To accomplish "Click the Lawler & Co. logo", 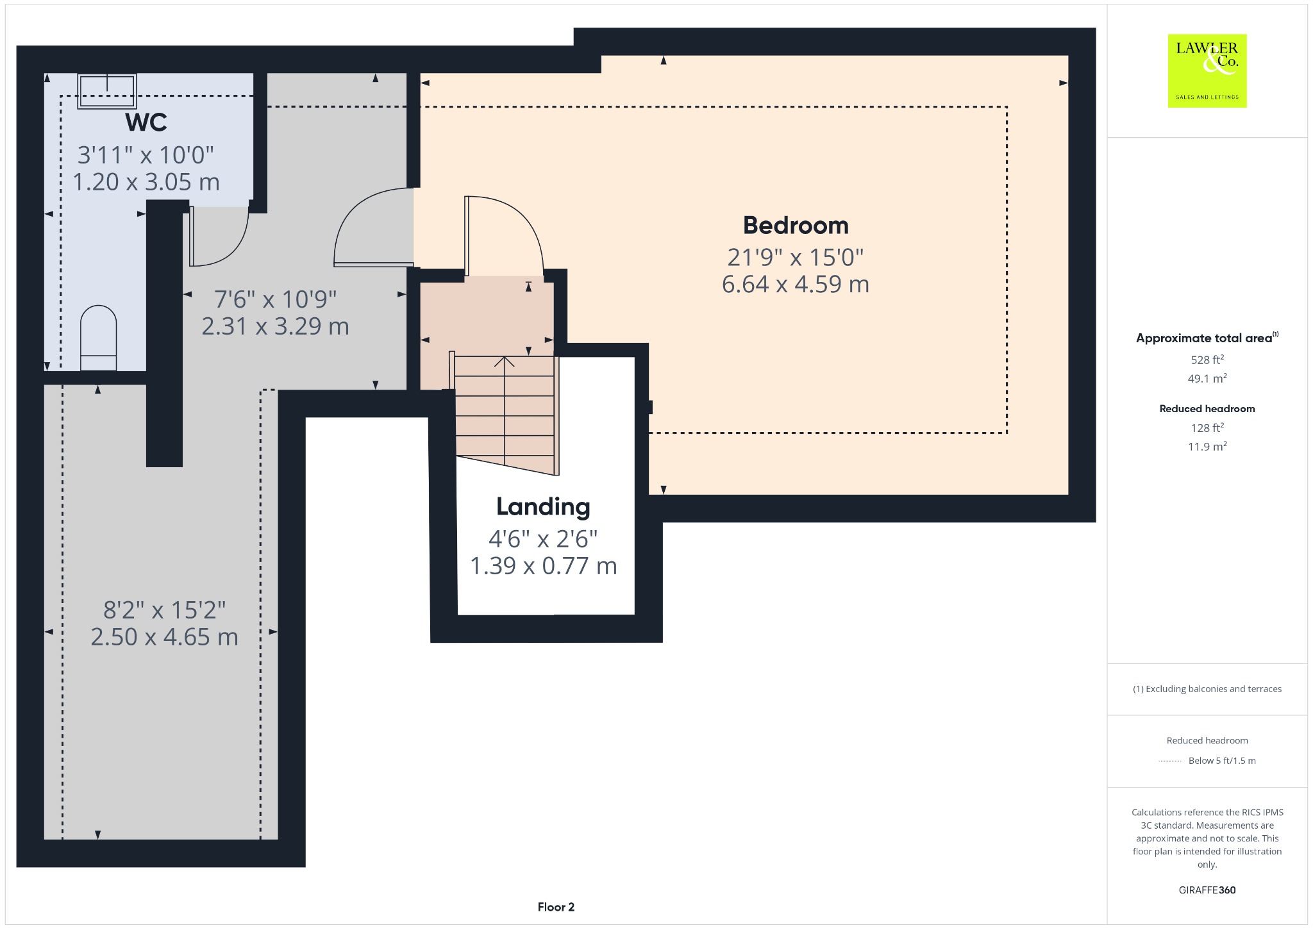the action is [x=1207, y=70].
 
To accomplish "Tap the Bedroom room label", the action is [x=796, y=226].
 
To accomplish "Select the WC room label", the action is [x=147, y=122].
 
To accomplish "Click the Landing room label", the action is [x=543, y=507].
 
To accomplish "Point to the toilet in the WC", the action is [x=99, y=338].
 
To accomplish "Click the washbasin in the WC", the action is [x=107, y=91].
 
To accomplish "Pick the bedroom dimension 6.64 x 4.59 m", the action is [x=796, y=284].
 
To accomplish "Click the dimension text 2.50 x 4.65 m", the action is [x=165, y=637].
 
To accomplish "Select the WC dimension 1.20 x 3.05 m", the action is [x=146, y=182].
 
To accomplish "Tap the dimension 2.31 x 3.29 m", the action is [x=276, y=326].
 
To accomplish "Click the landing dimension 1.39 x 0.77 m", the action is [x=544, y=566].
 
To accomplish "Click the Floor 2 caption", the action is [x=556, y=907].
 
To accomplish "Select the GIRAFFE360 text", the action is [x=1207, y=890].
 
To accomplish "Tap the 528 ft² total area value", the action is [x=1207, y=360].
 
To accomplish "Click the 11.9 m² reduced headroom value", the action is [x=1207, y=446].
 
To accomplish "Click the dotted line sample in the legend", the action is [x=1169, y=761].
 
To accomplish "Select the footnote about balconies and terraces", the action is [x=1207, y=689].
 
